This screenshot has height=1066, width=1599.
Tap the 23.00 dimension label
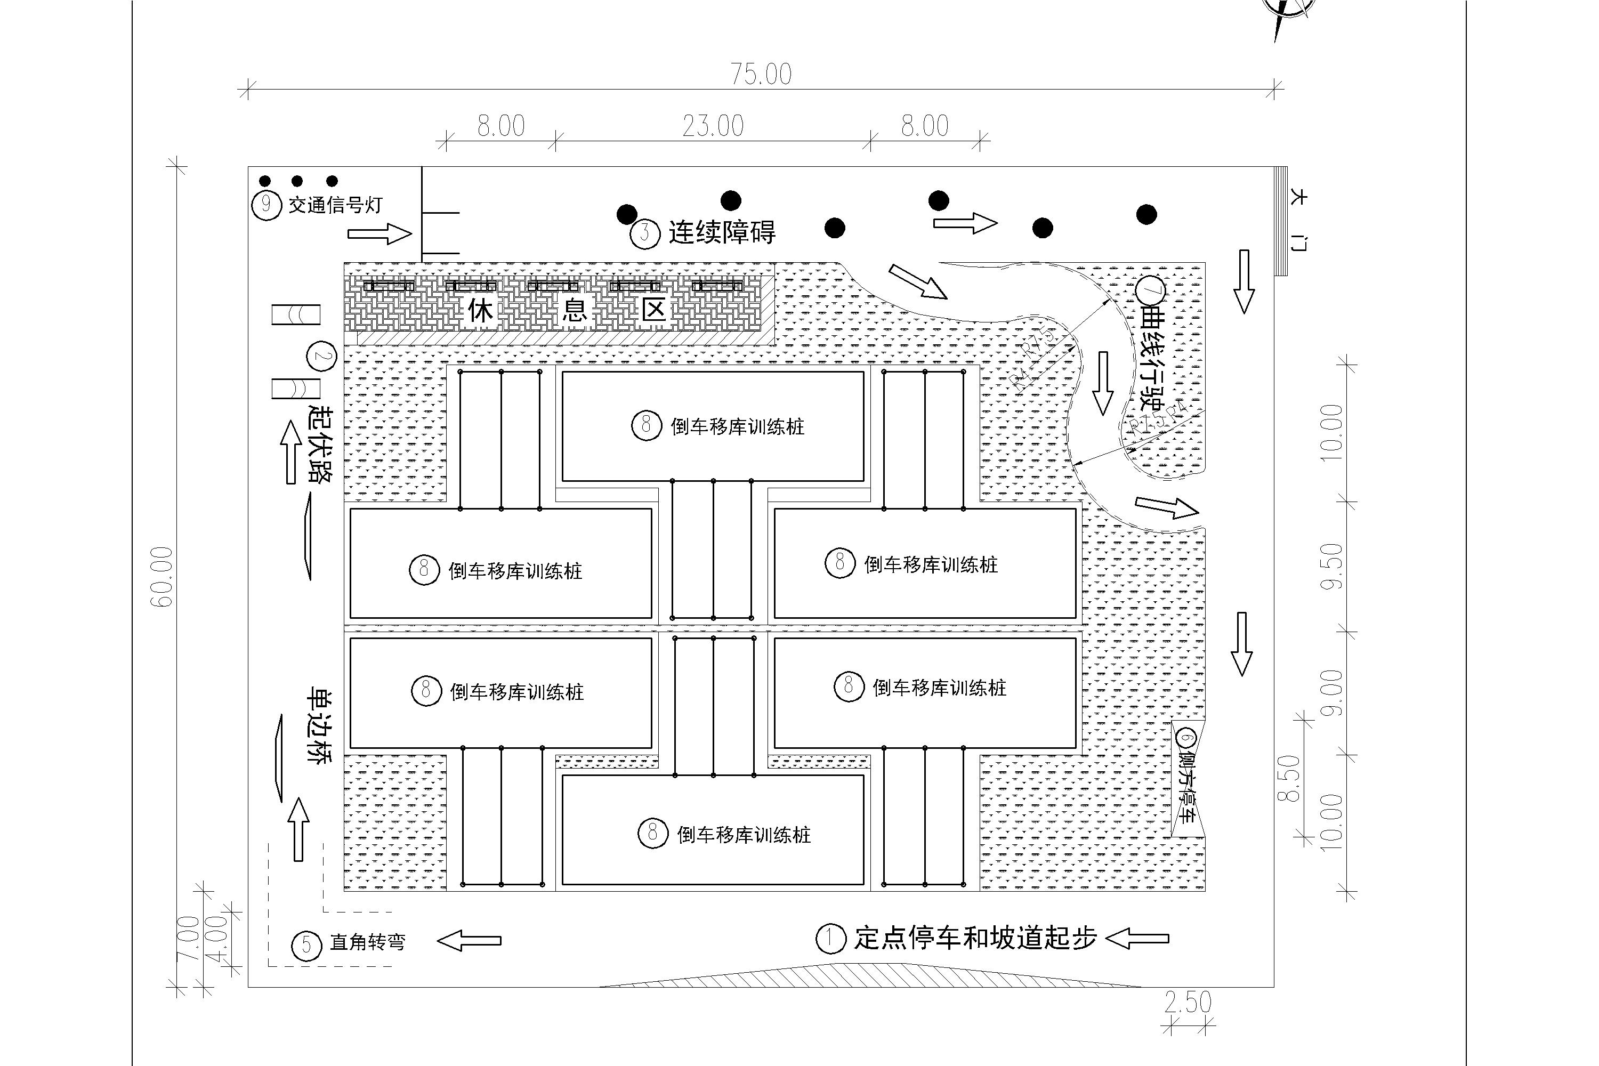click(713, 126)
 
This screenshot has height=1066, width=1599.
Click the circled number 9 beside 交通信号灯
click(266, 205)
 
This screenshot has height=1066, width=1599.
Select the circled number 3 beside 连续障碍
click(644, 234)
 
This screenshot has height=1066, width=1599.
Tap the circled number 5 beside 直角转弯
click(306, 945)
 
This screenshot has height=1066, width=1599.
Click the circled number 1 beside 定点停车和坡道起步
click(830, 939)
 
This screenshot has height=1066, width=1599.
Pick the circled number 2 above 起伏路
click(321, 356)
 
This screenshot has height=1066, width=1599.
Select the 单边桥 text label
click(318, 725)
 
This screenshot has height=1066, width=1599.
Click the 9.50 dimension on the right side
click(1331, 566)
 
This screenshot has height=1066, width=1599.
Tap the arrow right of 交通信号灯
click(379, 235)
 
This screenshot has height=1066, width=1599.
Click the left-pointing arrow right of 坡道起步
click(1137, 939)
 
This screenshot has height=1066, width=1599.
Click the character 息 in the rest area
click(575, 311)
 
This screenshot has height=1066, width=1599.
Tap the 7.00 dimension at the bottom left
click(187, 939)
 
